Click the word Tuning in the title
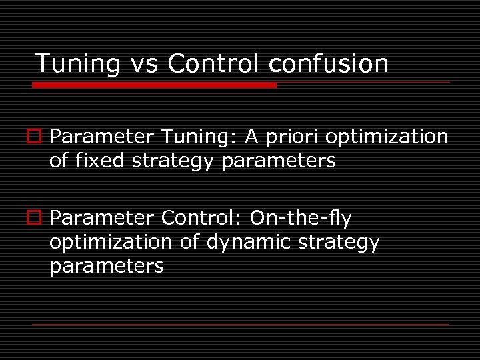[77, 64]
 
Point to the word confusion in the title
[328, 64]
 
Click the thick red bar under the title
[155, 85]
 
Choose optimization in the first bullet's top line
[387, 137]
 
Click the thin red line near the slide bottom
[240, 324]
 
